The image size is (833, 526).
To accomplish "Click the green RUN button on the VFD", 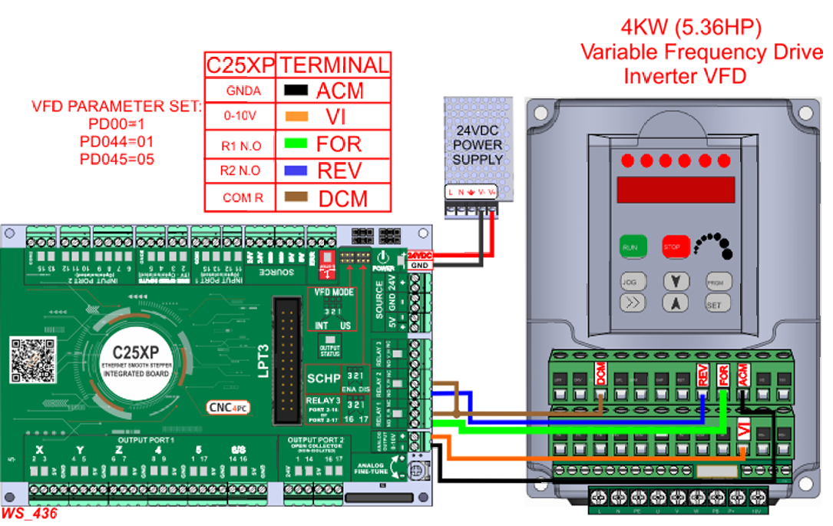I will click(x=630, y=247).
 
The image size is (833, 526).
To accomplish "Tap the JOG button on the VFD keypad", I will click(x=629, y=281).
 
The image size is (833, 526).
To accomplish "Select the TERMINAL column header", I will click(x=332, y=65).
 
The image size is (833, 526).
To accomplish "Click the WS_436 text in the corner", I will click(x=29, y=514).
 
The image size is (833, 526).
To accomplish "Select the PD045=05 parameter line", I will click(x=117, y=159).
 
